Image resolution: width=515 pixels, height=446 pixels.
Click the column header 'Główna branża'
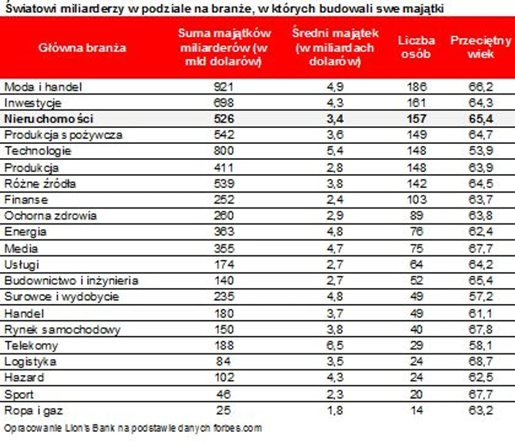click(x=83, y=47)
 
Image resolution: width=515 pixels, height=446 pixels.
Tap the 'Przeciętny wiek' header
click(x=481, y=47)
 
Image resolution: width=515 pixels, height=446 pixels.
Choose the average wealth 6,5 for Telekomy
click(x=327, y=346)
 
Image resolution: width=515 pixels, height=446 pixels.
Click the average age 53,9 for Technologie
click(x=481, y=151)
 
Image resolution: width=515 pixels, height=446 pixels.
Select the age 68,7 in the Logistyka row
click(x=481, y=362)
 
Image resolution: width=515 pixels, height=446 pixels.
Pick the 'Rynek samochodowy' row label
click(x=52, y=330)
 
